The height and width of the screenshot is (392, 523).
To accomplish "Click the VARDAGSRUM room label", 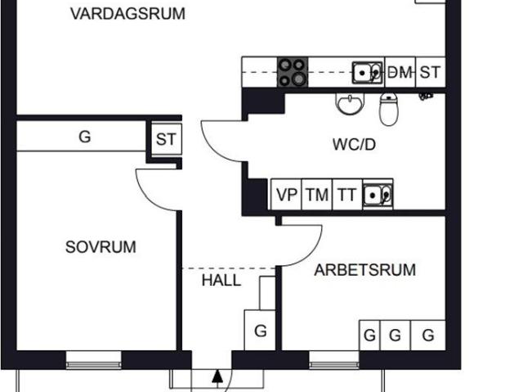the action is click(127, 14).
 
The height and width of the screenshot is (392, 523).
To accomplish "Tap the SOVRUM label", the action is click(101, 247).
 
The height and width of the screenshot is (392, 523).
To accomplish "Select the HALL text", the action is click(221, 280).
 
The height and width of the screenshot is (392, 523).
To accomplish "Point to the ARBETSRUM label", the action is click(365, 270).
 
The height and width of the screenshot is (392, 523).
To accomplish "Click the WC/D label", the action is click(354, 144).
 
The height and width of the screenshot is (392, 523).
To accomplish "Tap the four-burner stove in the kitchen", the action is click(293, 72).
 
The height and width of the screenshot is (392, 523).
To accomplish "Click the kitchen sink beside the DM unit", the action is click(367, 73).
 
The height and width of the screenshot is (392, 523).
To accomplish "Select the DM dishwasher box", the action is click(400, 72).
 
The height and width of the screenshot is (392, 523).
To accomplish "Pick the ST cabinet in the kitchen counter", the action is click(431, 72).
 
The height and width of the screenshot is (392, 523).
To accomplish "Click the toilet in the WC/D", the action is click(389, 109).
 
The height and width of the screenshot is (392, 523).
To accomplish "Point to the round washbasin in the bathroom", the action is click(350, 104).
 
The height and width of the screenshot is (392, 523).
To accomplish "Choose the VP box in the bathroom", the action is click(286, 195).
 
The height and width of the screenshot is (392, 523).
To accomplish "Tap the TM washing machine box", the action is click(317, 195).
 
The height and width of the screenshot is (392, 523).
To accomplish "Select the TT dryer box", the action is click(347, 195).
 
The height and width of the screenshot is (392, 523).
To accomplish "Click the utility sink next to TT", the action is click(378, 195).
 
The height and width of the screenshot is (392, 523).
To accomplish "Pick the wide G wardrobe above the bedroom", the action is click(82, 136).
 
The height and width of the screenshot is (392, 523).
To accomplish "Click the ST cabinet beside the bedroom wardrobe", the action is click(166, 139).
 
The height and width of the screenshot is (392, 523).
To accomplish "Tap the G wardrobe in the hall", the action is click(260, 331).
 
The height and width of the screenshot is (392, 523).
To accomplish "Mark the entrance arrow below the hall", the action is click(217, 376).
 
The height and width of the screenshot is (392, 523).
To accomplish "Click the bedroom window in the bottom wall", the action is click(93, 360).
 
